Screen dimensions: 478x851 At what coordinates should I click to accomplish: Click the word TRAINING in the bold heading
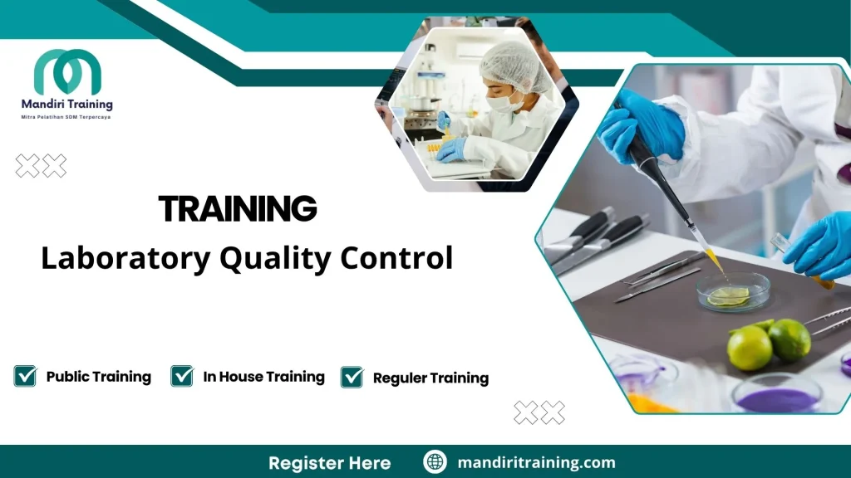238,209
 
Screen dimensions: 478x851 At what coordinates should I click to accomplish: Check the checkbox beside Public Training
26,376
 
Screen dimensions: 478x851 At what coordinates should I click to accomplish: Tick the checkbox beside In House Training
182,376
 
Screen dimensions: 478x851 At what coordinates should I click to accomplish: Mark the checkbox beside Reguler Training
352,377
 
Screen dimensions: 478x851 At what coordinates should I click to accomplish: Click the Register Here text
329,462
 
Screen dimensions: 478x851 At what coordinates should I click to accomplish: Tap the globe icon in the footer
435,462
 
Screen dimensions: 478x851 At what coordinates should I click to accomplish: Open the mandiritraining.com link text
536,462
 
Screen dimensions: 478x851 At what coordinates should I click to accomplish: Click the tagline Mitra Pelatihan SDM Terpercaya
66,117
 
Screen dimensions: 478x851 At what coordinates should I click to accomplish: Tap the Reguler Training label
430,378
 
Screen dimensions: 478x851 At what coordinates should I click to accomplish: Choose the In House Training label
263,377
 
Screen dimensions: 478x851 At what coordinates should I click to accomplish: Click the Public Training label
98,377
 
